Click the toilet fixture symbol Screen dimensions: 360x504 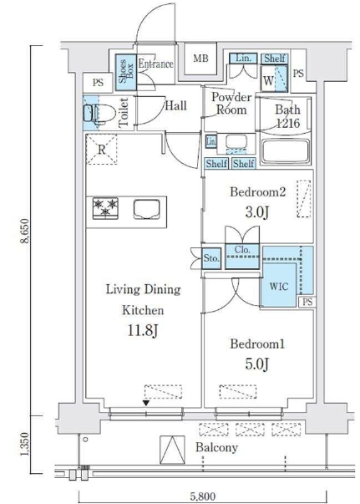[99, 113]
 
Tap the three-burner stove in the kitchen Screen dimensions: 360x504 [105, 208]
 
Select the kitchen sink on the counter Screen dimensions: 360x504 [146, 209]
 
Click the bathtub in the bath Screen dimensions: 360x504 [285, 151]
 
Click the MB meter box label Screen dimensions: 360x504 [200, 59]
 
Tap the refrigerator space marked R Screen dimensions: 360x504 [101, 150]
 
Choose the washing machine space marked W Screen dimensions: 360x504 [268, 80]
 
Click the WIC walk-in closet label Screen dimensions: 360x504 [279, 286]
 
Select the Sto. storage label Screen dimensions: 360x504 [211, 258]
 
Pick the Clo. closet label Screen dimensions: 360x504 [242, 250]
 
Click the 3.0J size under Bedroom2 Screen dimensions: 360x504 [257, 212]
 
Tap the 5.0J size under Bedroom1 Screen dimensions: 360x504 [257, 364]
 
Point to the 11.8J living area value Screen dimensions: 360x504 [143, 331]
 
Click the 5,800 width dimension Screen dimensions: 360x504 [202, 497]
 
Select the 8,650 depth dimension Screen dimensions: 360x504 [25, 232]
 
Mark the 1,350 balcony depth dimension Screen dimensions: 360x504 [25, 444]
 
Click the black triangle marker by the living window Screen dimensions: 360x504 [146, 403]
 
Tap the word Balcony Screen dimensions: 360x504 [217, 448]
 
